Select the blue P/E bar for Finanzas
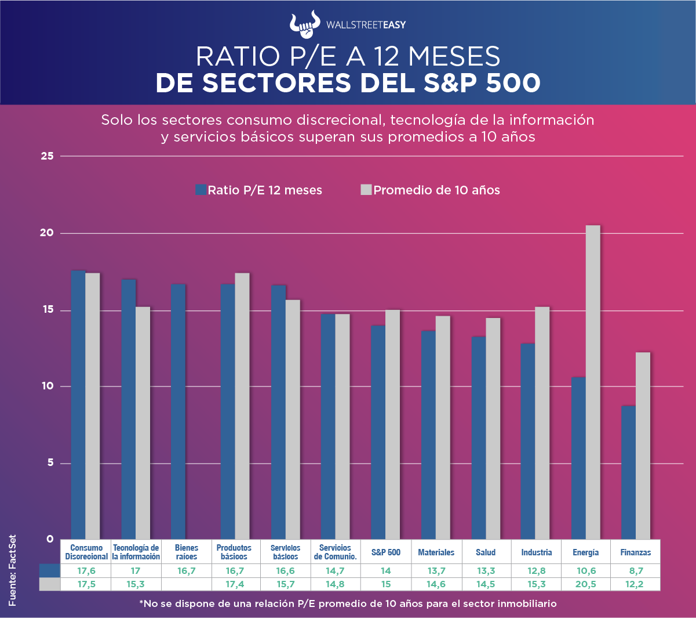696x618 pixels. (628, 472)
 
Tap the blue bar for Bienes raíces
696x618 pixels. (178, 411)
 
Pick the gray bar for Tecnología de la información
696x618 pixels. (143, 423)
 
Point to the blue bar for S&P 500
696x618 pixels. (378, 432)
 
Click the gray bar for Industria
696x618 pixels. (542, 423)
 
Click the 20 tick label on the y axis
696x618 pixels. (47, 233)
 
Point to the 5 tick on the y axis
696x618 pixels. (50, 463)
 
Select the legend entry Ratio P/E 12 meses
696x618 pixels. (259, 190)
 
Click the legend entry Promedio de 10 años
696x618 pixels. (430, 190)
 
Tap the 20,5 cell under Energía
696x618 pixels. (585, 584)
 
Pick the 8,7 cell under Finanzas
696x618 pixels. (635, 571)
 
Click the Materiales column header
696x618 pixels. (436, 552)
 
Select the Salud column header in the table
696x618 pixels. (486, 552)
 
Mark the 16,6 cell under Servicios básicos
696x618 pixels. (286, 571)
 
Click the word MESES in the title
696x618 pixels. (454, 56)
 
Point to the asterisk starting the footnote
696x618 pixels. (141, 603)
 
